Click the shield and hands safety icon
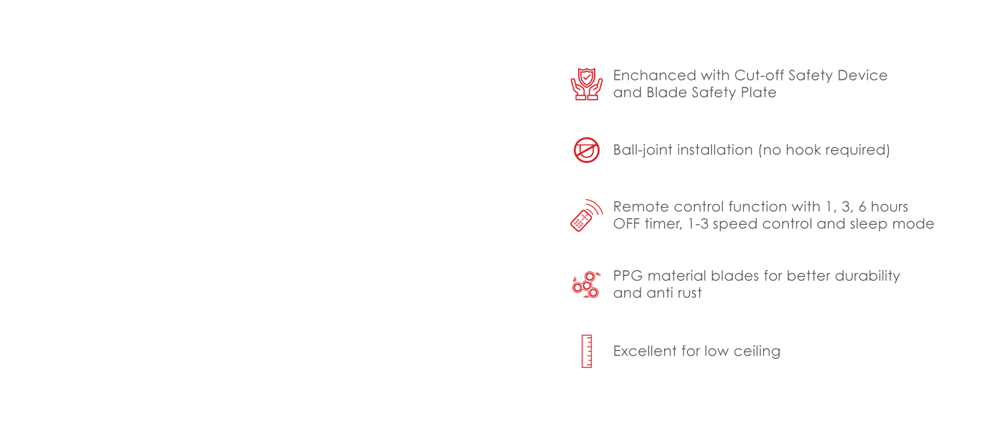pos(587,84)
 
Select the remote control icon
pos(587,216)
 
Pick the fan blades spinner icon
pos(587,285)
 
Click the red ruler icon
pos(587,351)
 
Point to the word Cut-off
pos(759,76)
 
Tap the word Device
pos(863,76)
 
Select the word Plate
pos(758,93)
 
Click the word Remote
pos(641,206)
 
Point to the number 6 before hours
pos(863,206)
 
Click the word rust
pos(689,293)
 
